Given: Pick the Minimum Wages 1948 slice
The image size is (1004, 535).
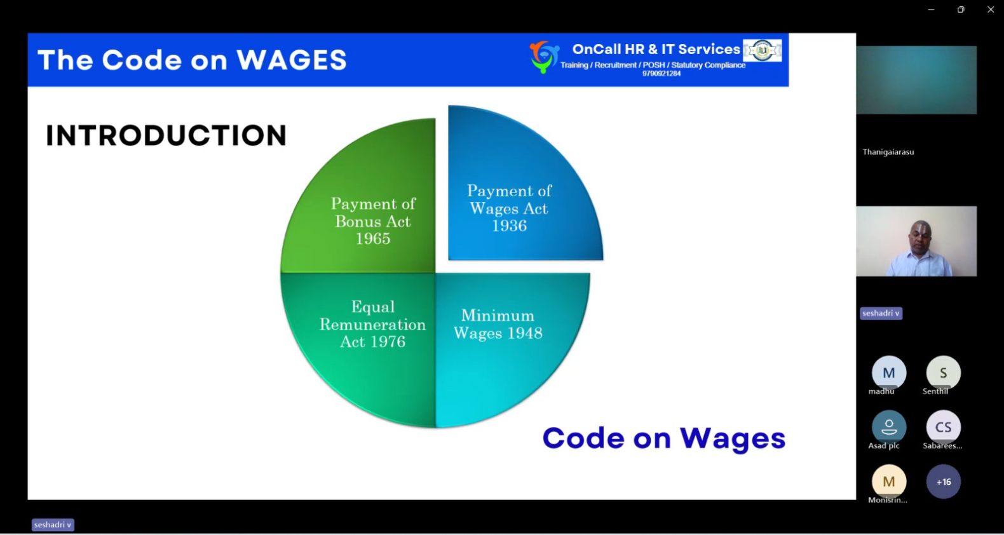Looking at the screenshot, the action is (x=502, y=336).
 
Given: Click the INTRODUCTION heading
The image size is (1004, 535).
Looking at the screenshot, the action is (x=166, y=135).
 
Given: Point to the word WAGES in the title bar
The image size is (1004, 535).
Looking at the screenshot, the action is (x=292, y=60).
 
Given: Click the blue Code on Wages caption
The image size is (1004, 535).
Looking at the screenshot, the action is (x=664, y=438).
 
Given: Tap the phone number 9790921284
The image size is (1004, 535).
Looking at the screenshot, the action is (x=661, y=74).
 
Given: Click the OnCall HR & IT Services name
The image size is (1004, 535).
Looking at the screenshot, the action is (x=656, y=50).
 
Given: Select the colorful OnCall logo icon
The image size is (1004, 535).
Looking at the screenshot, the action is (x=544, y=57).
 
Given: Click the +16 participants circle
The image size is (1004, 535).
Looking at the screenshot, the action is (x=944, y=482).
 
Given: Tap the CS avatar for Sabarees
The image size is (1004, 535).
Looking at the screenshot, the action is (x=944, y=427).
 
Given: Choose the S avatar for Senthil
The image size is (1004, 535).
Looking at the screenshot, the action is (x=944, y=373).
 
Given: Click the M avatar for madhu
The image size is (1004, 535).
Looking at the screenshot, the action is (x=889, y=373).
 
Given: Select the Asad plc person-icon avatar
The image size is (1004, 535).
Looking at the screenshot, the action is (x=889, y=427).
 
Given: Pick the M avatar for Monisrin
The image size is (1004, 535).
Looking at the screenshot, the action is (x=889, y=482).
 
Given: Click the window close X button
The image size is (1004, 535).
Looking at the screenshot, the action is (x=991, y=10).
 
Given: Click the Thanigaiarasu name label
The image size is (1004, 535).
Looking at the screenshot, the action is (x=888, y=152).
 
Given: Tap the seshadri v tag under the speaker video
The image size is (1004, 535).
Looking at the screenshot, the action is (x=881, y=313).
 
